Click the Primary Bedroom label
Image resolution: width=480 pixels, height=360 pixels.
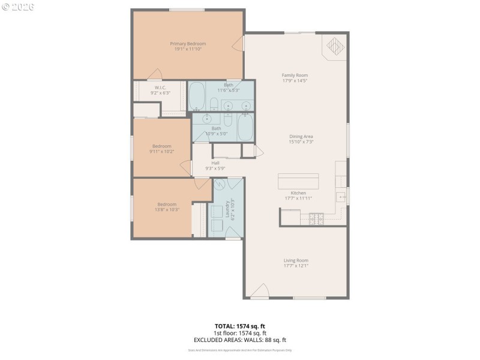click(188, 44)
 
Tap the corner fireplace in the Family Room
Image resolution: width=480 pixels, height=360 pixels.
click(335, 47)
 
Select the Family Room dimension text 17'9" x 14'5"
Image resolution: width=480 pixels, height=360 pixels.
click(295, 81)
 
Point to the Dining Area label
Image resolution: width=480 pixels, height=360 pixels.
click(301, 136)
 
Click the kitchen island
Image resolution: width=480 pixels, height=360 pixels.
click(298, 181)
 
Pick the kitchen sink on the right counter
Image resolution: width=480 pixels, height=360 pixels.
click(342, 197)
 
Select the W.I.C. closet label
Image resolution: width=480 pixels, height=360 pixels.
click(160, 88)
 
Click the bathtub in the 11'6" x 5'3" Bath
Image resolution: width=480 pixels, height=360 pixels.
click(197, 96)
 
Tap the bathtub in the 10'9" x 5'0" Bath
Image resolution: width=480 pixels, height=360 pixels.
click(245, 127)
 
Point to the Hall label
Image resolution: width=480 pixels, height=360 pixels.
click(215, 163)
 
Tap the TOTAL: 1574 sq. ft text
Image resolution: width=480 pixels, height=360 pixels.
click(240, 326)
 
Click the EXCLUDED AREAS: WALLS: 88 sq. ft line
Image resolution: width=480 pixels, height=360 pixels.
click(240, 340)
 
